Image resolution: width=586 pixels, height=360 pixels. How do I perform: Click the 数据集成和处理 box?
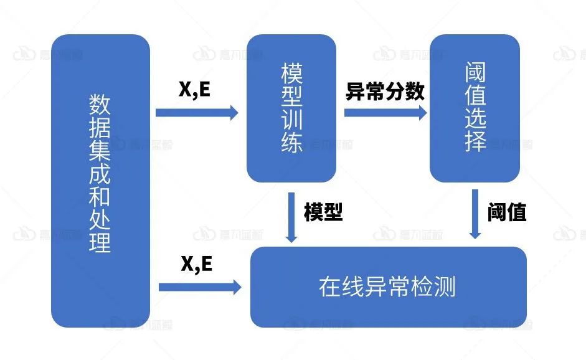point(100,181)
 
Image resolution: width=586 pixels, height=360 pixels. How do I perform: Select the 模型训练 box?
point(291,108)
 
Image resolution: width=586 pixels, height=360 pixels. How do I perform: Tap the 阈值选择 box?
point(475,108)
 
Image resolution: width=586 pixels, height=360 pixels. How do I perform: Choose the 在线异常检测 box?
point(388,287)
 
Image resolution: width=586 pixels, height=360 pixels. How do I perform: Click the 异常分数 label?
point(385,92)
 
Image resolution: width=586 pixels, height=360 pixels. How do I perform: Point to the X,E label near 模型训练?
point(195,90)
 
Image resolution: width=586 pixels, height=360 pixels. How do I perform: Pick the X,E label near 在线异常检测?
point(197,264)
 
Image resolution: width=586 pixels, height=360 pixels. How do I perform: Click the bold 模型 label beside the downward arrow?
point(323,212)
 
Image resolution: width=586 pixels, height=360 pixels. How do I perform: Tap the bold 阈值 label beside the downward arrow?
point(507,212)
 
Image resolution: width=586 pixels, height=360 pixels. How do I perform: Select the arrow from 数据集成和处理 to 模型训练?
point(197,113)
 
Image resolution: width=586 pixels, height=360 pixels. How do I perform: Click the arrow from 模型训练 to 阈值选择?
point(385,113)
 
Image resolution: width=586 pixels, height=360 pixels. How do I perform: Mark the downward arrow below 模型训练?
point(291,217)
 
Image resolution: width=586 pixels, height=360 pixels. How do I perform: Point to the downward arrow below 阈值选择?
point(475,215)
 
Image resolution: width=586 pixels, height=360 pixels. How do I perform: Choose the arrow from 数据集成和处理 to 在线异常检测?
point(199,287)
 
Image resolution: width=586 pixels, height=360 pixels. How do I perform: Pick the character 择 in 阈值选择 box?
point(475,142)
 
